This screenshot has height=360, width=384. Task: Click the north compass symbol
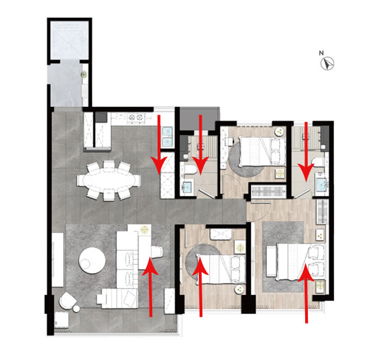point(328,63)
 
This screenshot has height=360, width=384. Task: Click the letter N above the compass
point(322,53)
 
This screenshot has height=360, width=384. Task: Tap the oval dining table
point(109,180)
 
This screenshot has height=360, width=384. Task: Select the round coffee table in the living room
point(92,261)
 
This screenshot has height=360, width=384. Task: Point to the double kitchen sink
point(168,137)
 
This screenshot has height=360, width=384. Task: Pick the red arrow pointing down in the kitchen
point(159,145)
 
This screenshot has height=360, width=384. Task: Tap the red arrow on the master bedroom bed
point(306,293)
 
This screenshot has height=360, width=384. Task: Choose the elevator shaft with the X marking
point(69,40)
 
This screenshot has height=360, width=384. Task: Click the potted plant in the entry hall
point(84,74)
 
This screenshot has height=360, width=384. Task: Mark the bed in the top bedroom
point(262,152)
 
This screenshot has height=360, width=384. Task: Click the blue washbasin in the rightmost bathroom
point(321,183)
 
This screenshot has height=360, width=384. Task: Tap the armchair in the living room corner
point(67,300)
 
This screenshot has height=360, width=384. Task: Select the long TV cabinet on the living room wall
point(58,260)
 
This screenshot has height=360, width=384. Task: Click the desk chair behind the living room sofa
point(157,252)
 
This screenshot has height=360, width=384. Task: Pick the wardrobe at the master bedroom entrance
point(268,191)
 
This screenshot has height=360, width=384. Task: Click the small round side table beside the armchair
point(76,309)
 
